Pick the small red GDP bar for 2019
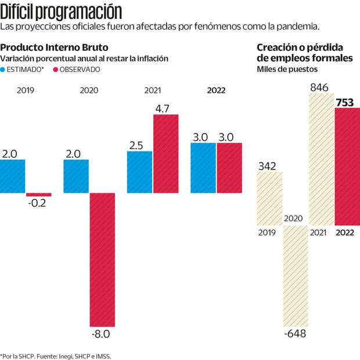(38, 195)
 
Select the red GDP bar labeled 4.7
(165, 154)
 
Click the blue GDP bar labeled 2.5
(139, 172)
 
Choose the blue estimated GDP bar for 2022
(203, 168)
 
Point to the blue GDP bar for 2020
(75, 177)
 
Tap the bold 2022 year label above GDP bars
(216, 91)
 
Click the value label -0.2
(38, 204)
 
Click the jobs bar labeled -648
(295, 276)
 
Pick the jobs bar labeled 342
(269, 198)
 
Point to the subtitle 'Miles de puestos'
(287, 70)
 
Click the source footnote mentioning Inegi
(56, 355)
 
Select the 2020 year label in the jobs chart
(295, 218)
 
